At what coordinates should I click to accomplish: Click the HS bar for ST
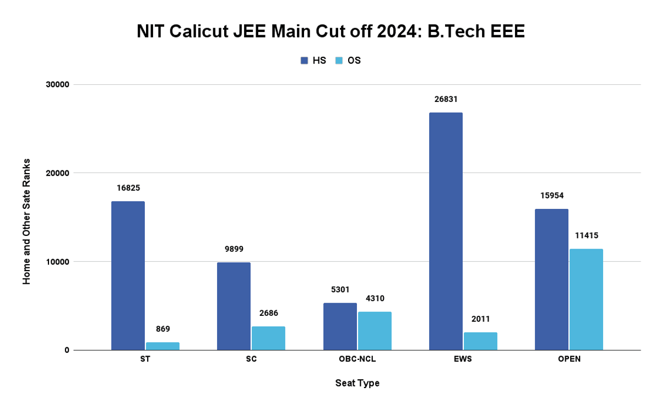[128, 276]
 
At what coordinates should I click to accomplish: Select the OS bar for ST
[162, 346]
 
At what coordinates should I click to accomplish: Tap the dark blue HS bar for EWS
[446, 232]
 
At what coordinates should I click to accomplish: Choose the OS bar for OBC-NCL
[375, 331]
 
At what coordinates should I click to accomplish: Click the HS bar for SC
[234, 306]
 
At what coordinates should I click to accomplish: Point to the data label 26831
[446, 99]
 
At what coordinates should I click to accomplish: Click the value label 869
[162, 329]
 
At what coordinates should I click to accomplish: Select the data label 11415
[586, 235]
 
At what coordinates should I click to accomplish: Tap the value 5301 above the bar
[340, 289]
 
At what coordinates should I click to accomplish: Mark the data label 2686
[268, 313]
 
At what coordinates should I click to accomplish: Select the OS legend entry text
[354, 61]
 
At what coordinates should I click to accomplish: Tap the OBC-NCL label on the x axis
[357, 359]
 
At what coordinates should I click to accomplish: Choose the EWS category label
[463, 359]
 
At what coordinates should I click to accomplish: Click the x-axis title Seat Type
[357, 383]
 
